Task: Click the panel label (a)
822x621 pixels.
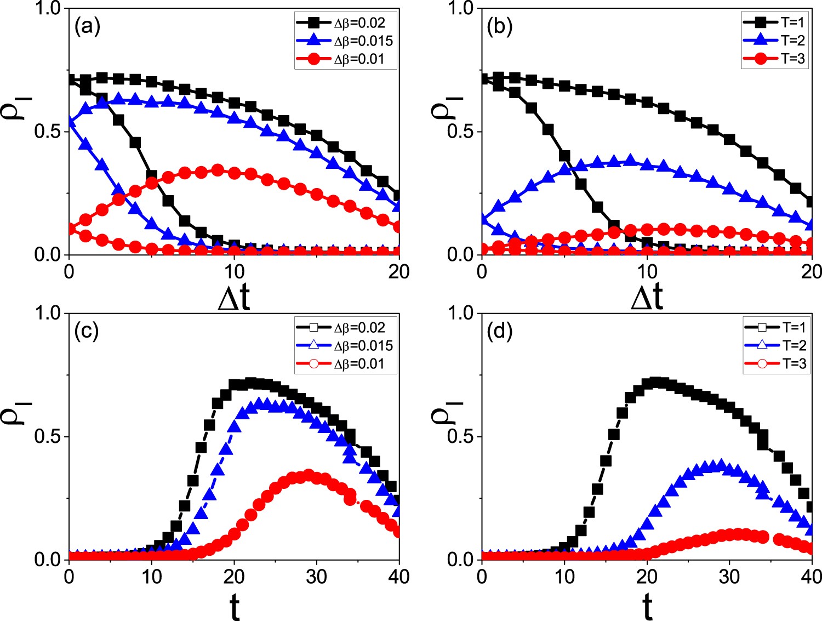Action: tap(87, 26)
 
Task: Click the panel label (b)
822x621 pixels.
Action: tap(499, 26)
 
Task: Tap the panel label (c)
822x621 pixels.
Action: tap(87, 331)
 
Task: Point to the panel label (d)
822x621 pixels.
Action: tap(499, 331)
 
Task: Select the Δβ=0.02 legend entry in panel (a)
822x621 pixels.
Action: tap(345, 23)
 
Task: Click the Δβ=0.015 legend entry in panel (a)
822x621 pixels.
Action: tap(345, 41)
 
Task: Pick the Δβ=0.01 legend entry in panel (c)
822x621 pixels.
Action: tap(345, 364)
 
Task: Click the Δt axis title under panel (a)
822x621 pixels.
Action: tap(234, 298)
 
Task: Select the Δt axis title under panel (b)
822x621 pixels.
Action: tap(647, 298)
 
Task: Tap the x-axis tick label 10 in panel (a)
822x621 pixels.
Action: tap(234, 271)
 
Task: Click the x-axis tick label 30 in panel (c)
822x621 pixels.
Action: tap(317, 577)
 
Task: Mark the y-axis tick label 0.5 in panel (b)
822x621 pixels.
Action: tap(460, 132)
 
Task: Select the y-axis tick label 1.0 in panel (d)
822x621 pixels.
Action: tap(460, 314)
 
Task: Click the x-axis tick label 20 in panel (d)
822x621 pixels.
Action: tap(647, 577)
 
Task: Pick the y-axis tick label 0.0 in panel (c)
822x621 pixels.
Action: tap(47, 560)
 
